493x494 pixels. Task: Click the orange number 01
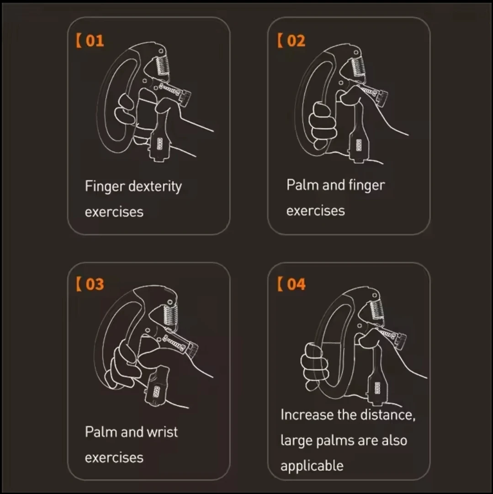tap(95, 41)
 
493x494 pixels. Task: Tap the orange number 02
tap(296, 41)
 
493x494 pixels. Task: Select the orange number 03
tap(95, 284)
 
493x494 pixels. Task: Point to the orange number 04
tap(296, 284)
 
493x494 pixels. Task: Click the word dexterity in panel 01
tap(155, 186)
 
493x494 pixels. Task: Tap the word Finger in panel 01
tap(105, 186)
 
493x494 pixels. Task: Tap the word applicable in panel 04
tap(312, 466)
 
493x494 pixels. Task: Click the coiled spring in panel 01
tap(163, 65)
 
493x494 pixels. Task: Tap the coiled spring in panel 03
tap(171, 316)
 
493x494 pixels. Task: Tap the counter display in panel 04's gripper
tap(377, 388)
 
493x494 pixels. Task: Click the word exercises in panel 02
tap(316, 211)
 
